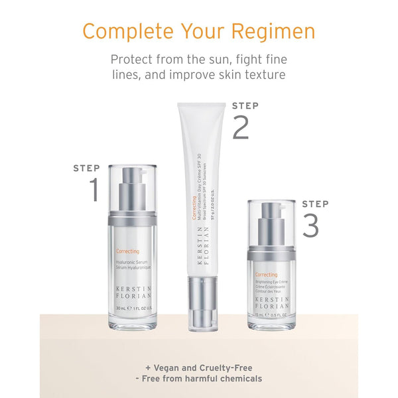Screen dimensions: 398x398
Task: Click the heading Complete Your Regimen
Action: point(199,31)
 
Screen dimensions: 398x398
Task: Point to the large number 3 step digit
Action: point(310,225)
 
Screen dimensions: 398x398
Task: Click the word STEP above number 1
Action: point(86,168)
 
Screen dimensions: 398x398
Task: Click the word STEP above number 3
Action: point(315,204)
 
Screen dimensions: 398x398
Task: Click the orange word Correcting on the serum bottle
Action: point(127,251)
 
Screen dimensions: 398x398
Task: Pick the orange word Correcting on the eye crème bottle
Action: point(266,275)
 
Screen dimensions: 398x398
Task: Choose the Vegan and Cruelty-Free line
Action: point(199,367)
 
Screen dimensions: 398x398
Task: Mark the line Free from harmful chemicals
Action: point(199,379)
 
